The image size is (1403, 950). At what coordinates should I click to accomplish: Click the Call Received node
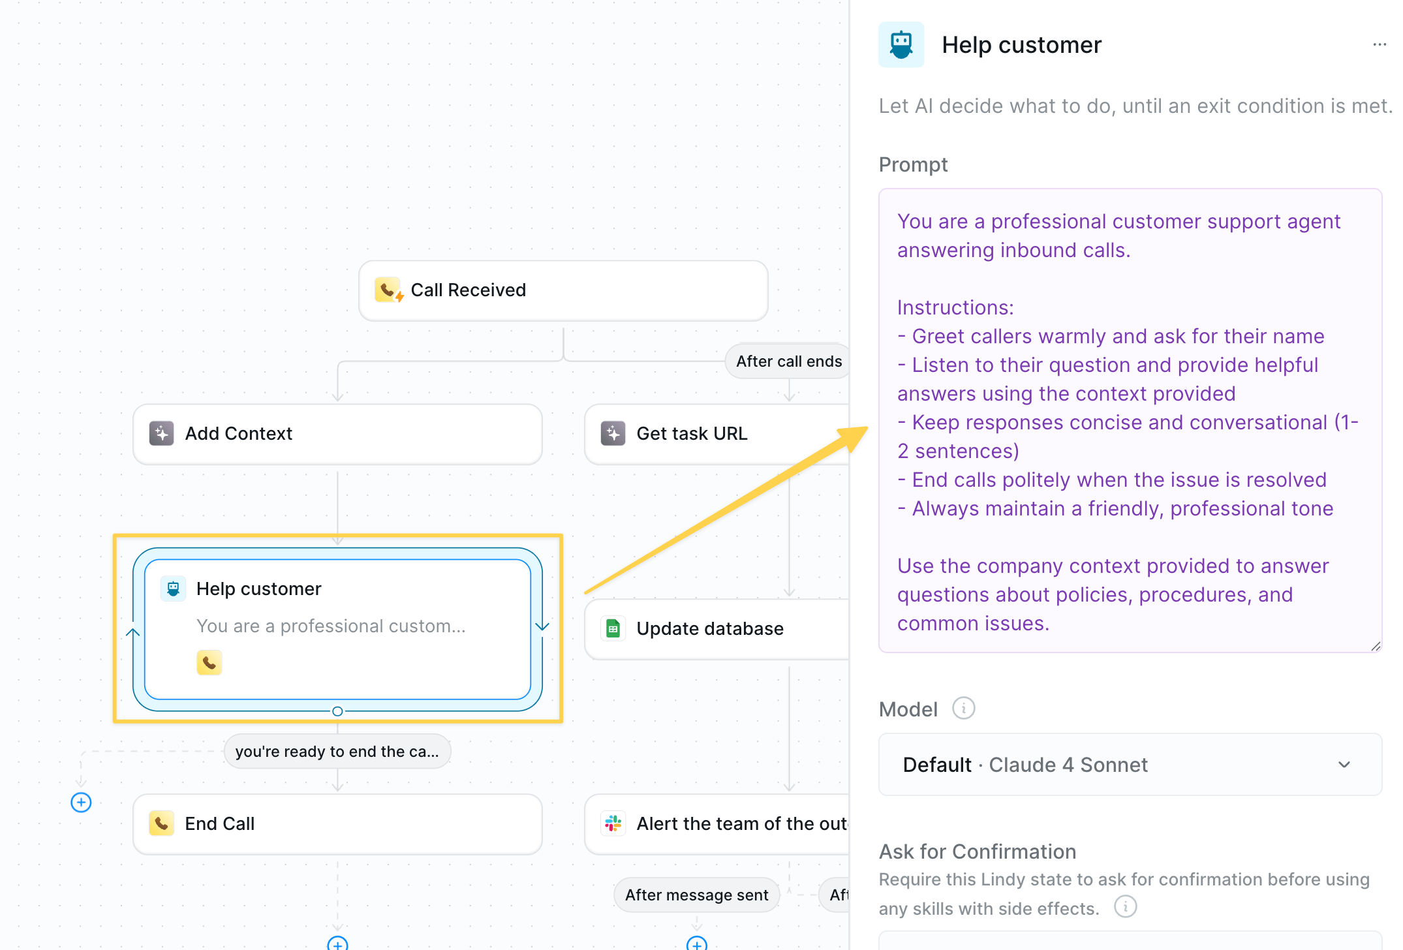pyautogui.click(x=563, y=290)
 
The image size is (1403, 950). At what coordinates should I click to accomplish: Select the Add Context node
pyautogui.click(x=337, y=434)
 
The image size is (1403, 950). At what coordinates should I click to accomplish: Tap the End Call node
pyautogui.click(x=337, y=824)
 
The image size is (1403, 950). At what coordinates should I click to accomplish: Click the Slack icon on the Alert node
pyautogui.click(x=613, y=823)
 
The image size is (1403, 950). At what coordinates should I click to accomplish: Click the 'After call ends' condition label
pyautogui.click(x=788, y=361)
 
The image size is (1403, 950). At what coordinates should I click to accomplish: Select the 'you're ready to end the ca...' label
pyautogui.click(x=337, y=752)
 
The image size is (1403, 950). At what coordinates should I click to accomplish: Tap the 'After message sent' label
pyautogui.click(x=696, y=895)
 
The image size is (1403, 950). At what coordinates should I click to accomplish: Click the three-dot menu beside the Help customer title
pyautogui.click(x=1380, y=44)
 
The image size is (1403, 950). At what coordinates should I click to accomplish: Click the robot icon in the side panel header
pyautogui.click(x=901, y=45)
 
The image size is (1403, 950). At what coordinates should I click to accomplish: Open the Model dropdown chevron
pyautogui.click(x=1344, y=765)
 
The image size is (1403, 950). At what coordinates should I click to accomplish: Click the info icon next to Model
pyautogui.click(x=963, y=708)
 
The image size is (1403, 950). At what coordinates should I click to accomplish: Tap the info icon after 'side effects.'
pyautogui.click(x=1125, y=906)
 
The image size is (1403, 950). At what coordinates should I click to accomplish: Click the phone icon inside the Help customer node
pyautogui.click(x=209, y=662)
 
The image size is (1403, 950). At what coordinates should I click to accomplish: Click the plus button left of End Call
pyautogui.click(x=81, y=803)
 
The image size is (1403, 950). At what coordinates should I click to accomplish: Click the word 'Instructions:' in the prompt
pyautogui.click(x=955, y=307)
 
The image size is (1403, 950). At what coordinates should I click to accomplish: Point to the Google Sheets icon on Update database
pyautogui.click(x=613, y=628)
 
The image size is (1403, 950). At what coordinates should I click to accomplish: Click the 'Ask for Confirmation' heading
pyautogui.click(x=978, y=851)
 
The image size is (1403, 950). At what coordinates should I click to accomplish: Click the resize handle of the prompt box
pyautogui.click(x=1376, y=646)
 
